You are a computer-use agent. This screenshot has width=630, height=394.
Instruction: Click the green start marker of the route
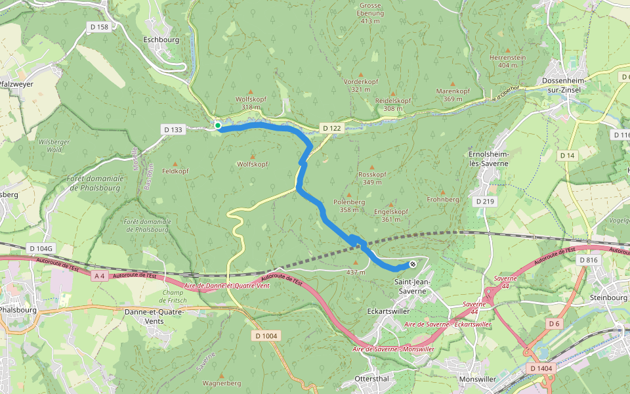[217, 125]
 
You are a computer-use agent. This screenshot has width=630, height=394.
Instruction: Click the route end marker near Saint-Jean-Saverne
[412, 264]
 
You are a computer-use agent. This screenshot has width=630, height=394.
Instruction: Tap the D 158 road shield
[102, 26]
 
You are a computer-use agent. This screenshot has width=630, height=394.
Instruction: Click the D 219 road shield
[484, 201]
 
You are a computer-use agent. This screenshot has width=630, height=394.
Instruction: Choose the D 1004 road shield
[266, 336]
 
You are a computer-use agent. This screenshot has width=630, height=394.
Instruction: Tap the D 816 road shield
[589, 260]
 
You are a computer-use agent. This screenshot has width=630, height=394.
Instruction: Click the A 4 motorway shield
[100, 276]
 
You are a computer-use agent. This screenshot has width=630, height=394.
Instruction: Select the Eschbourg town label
[160, 39]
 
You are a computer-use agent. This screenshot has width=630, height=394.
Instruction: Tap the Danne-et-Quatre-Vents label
[152, 317]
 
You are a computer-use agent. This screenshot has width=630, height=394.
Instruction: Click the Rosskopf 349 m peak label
[372, 178]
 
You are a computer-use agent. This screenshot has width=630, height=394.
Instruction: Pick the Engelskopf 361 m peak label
[390, 215]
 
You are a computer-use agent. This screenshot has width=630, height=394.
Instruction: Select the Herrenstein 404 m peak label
[507, 61]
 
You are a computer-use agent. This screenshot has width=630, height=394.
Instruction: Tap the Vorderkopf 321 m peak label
[361, 85]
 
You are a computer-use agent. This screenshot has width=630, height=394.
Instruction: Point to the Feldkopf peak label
[175, 171]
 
